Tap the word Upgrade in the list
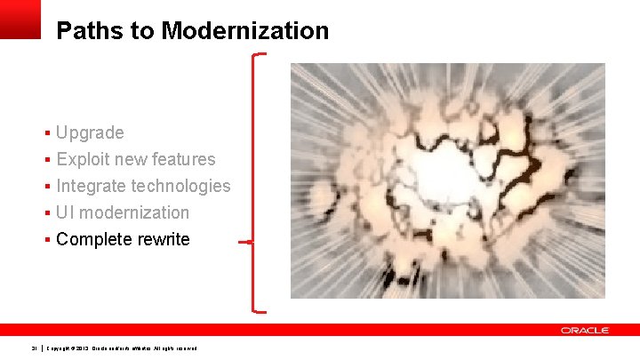click(x=90, y=133)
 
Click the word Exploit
click(x=80, y=160)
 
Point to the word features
click(x=183, y=160)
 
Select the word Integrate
click(x=91, y=187)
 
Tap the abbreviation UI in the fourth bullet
click(x=65, y=213)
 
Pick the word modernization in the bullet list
click(x=135, y=213)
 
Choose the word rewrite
click(x=164, y=240)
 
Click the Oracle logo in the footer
click(x=585, y=331)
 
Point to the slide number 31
click(x=34, y=348)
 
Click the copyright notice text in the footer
click(x=122, y=348)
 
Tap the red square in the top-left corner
click(x=20, y=19)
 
